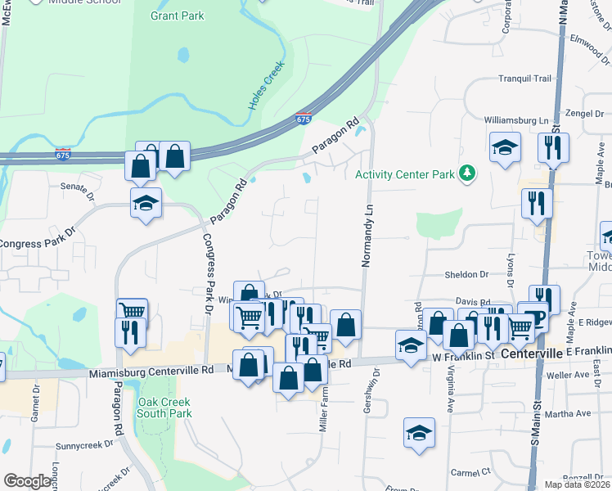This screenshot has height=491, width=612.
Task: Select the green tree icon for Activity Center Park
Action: pos(467,173)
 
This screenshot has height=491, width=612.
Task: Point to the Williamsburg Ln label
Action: pos(515,120)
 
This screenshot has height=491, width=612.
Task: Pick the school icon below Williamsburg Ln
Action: pos(506,148)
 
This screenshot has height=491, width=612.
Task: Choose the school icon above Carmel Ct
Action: pos(419,433)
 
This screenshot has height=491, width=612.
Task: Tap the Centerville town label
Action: pos(532,354)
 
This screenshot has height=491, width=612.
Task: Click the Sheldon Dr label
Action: pos(466,275)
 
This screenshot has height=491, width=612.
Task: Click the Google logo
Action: pos(27,481)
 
